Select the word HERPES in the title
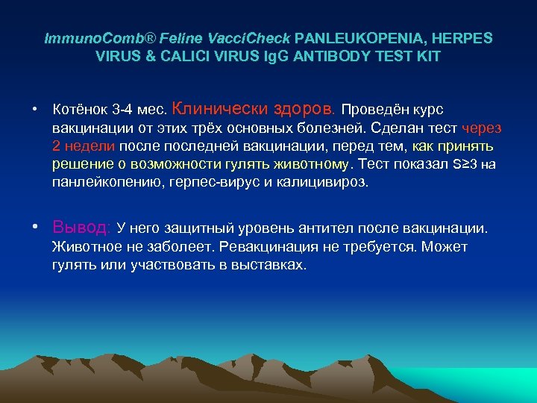click(463, 37)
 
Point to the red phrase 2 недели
click(81, 146)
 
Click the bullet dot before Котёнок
click(35, 109)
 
